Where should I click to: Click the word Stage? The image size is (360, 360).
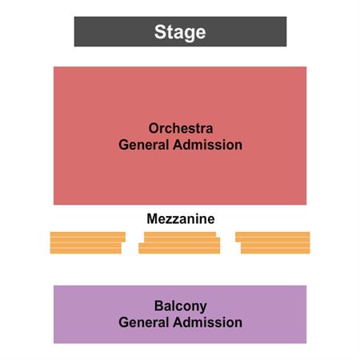pos(180,32)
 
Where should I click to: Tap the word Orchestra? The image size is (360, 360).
pos(181,128)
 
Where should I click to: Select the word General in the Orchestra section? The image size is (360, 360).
pos(144,145)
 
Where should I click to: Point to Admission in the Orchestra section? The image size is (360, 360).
pos(208,145)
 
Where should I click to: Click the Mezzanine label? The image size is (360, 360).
pos(181,219)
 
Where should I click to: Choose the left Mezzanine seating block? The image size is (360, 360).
pos(88,242)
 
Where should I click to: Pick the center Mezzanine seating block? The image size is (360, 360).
pos(179,242)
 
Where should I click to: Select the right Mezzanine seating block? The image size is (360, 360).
pos(273,242)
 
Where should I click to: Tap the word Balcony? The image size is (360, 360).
pos(181,306)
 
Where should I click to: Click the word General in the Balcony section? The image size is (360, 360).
pos(144,322)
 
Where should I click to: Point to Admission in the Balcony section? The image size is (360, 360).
pos(208,322)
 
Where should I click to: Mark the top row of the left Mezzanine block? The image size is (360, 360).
pos(88,234)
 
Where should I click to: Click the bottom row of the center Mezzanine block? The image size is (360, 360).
pos(179,251)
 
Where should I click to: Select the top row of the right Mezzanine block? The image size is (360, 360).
pos(273,234)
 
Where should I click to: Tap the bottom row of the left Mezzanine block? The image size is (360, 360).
pos(86,251)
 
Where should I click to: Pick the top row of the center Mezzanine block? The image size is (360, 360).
pos(180,234)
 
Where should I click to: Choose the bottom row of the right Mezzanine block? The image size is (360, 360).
pos(275,251)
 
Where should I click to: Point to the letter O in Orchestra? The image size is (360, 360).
pos(154,128)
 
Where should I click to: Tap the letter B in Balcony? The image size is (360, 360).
pos(159,306)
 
